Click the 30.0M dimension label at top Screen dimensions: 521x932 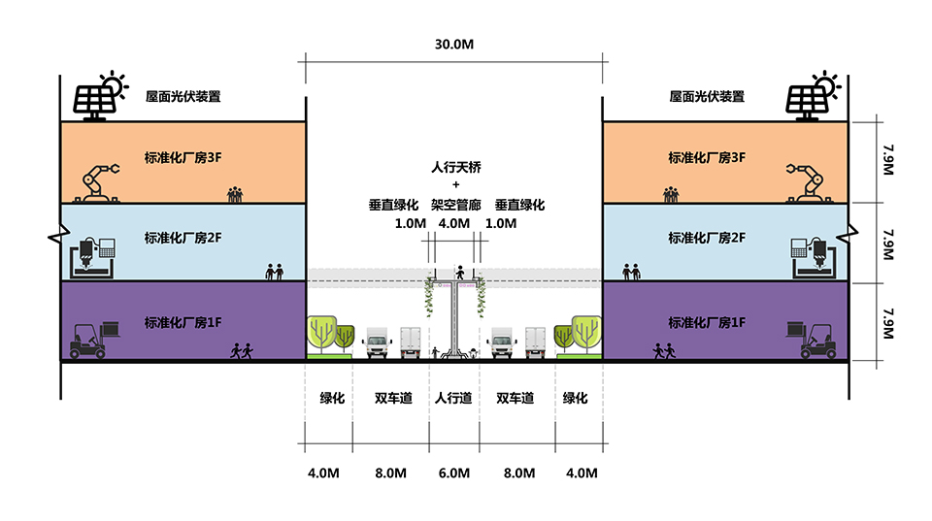[455, 45]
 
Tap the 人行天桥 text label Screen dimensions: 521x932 [455, 166]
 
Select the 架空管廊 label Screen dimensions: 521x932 [455, 205]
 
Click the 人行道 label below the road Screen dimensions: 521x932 [453, 398]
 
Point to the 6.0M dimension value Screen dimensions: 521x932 [453, 473]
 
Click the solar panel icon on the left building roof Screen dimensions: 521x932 [93, 100]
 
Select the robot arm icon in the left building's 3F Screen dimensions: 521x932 [100, 181]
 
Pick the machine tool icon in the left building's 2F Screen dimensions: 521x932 [94, 256]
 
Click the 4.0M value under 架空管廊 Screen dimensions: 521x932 [454, 223]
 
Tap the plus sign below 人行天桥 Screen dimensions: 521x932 [455, 184]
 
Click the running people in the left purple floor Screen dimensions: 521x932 [241, 350]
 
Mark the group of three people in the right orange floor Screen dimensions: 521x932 [671, 194]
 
